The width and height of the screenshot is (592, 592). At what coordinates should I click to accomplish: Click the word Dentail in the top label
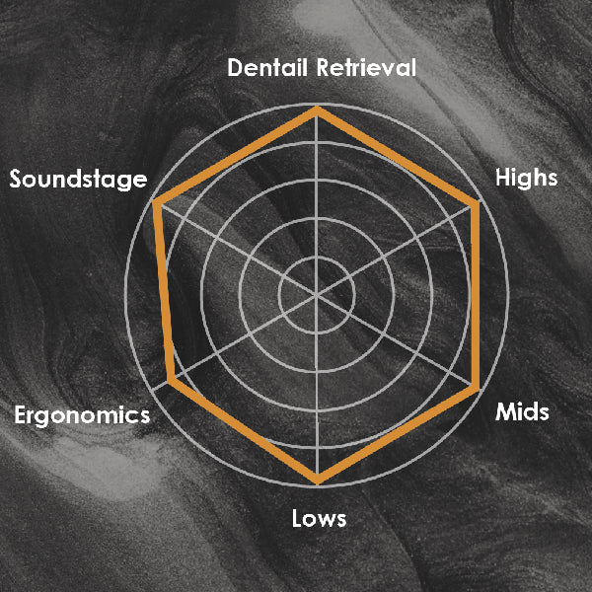(268, 67)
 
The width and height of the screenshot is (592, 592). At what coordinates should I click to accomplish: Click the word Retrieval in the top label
(366, 67)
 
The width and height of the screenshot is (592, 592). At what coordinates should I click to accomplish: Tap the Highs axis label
(526, 178)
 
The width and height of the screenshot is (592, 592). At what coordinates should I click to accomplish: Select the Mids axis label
(522, 411)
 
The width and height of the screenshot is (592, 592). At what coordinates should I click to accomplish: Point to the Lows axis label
(319, 518)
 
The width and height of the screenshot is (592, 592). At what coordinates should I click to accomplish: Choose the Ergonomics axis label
(82, 415)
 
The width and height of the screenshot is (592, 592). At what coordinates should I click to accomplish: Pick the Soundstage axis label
(78, 180)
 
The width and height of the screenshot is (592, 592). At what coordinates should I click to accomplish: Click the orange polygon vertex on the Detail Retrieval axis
(317, 110)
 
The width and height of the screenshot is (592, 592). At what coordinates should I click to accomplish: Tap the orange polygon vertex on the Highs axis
(476, 205)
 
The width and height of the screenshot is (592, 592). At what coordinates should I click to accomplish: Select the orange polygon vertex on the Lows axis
(318, 481)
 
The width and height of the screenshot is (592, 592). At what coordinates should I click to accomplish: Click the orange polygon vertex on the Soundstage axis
(157, 202)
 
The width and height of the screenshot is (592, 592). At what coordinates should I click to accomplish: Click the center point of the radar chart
(317, 295)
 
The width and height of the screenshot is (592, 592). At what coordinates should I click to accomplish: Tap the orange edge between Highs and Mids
(476, 296)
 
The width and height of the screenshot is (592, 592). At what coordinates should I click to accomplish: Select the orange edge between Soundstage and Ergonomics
(164, 291)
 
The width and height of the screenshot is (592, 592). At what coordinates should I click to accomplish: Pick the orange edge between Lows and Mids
(397, 434)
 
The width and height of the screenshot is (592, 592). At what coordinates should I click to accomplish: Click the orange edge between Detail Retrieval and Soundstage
(237, 156)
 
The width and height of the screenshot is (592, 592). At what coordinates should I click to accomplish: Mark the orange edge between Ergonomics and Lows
(245, 430)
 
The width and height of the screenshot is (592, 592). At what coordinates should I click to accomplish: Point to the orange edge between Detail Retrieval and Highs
(397, 157)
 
